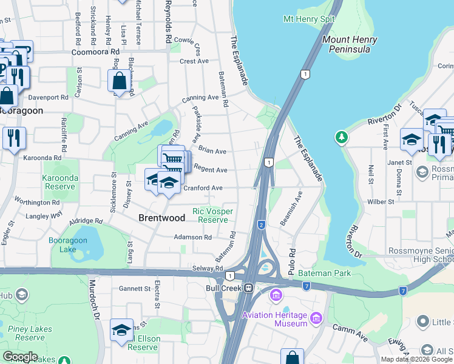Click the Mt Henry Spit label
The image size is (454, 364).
[x=309, y=19]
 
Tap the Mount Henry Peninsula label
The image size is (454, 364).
[x=350, y=44]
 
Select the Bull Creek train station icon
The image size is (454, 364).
[x=248, y=288]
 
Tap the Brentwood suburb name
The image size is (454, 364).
[x=161, y=217]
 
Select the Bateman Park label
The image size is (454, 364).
[x=325, y=274]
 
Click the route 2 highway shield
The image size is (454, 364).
[x=262, y=224]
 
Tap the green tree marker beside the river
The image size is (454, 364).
[x=342, y=138]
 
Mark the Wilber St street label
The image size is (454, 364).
[x=381, y=201]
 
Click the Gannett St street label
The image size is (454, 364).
[x=135, y=288]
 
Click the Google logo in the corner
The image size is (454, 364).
[x=20, y=357]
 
